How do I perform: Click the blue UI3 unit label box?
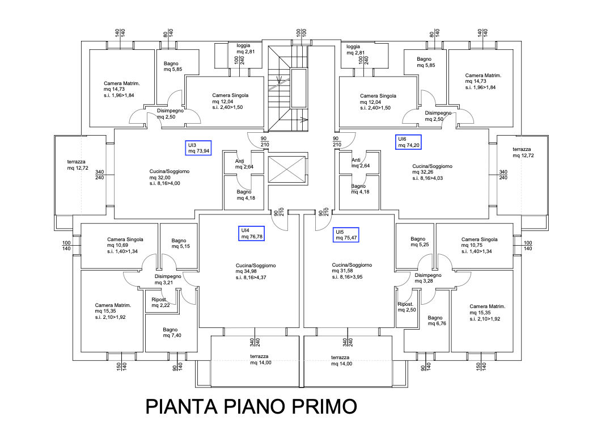tap(198, 148)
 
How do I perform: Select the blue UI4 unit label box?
tap(252, 233)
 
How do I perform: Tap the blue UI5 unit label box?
tap(346, 235)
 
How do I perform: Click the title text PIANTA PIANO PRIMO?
tap(251, 407)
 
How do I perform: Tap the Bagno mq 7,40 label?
tap(171, 333)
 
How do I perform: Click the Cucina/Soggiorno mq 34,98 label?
tap(256, 271)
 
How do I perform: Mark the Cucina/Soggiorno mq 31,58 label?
tap(352, 271)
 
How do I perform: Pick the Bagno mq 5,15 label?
tap(179, 244)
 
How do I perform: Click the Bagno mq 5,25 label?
tap(418, 242)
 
